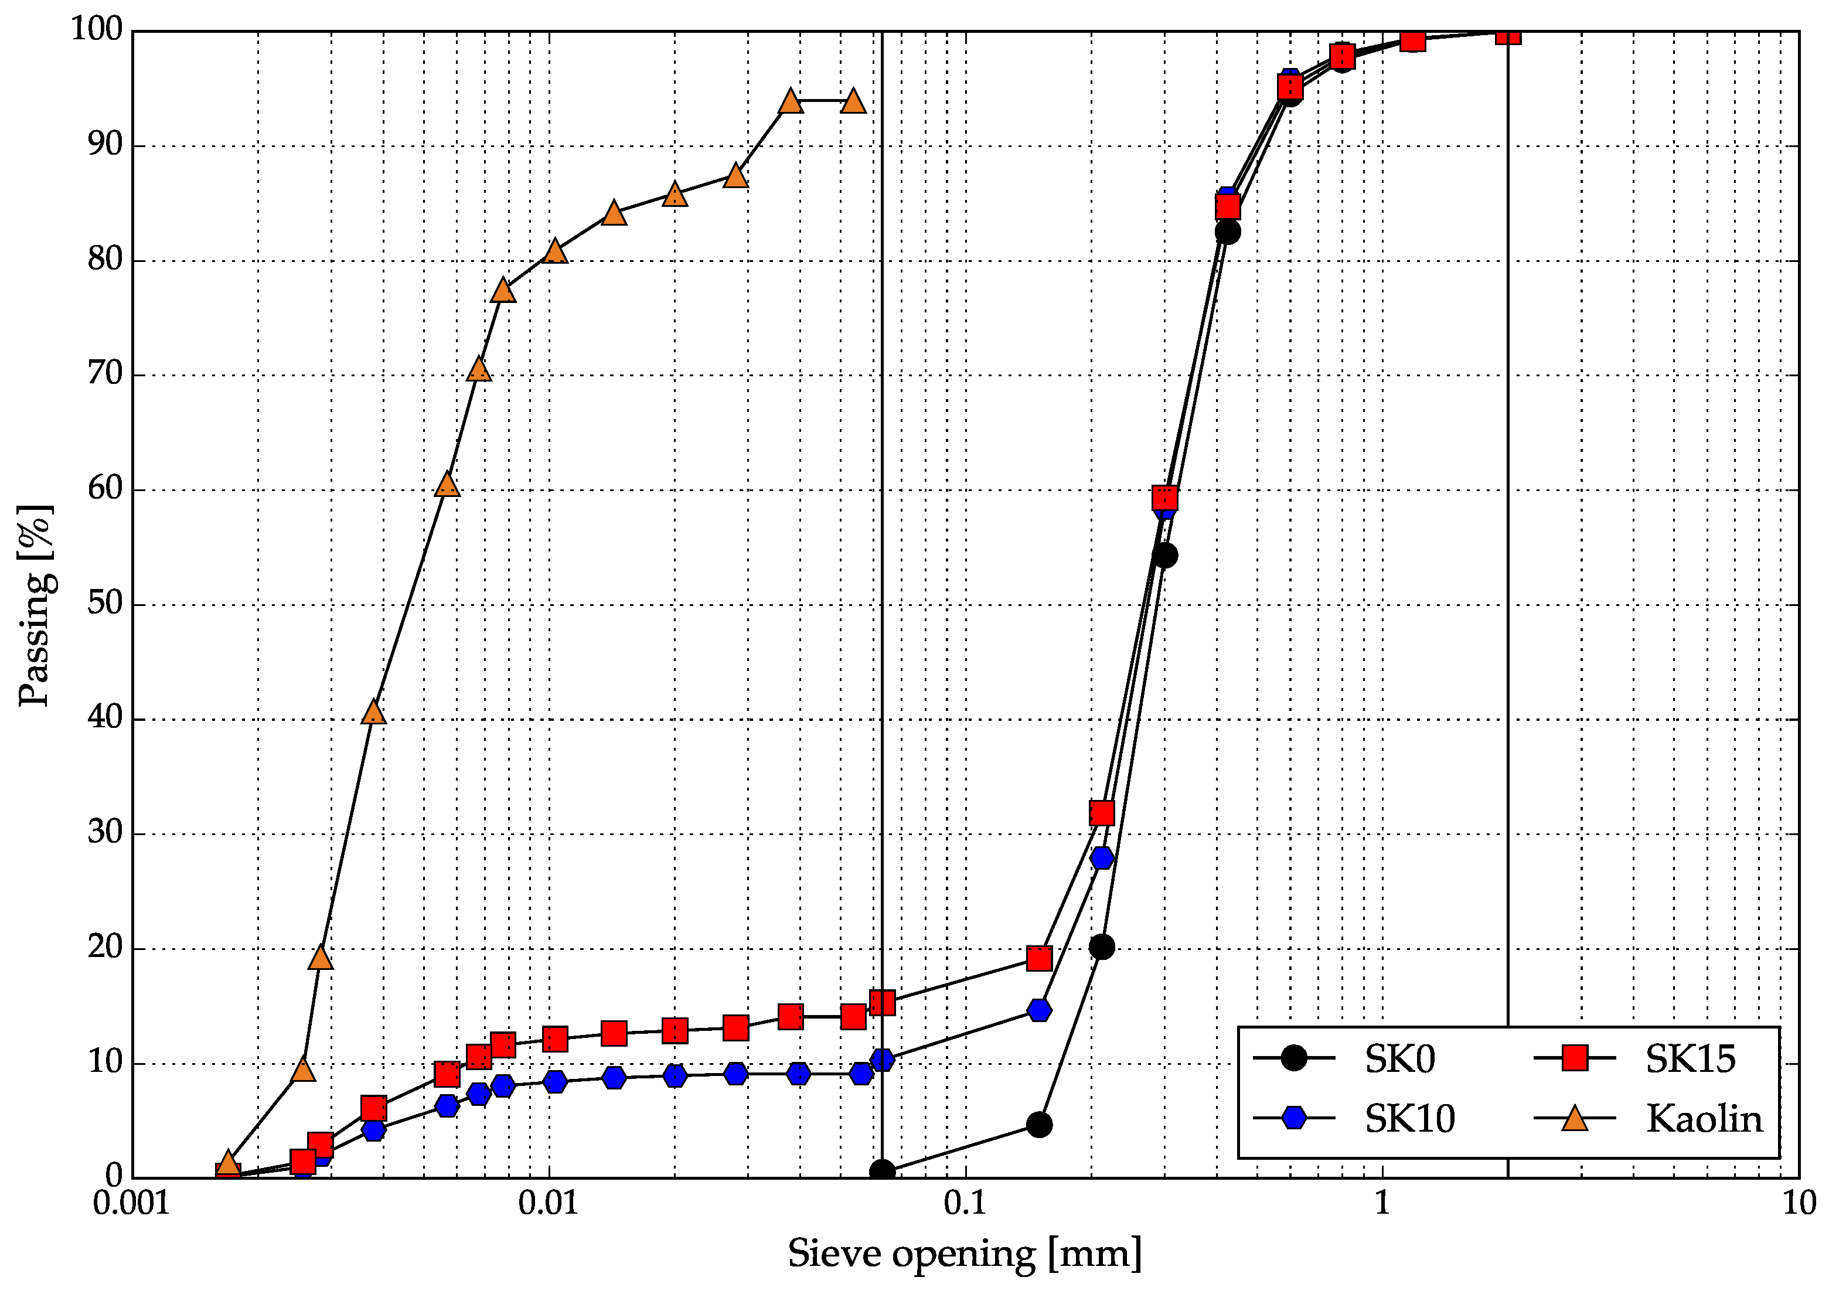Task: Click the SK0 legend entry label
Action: point(1399,1059)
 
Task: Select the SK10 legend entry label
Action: point(1409,1119)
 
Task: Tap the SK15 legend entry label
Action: point(1690,1059)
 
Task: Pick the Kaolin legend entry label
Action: point(1704,1119)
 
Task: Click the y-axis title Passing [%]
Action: point(35,605)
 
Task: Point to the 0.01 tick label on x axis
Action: point(548,1204)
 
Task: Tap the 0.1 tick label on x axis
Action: point(965,1204)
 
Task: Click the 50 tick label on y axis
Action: point(105,604)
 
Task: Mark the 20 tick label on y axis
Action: point(105,948)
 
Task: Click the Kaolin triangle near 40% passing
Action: point(374,712)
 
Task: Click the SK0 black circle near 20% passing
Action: point(1102,948)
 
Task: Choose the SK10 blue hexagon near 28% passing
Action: point(1102,858)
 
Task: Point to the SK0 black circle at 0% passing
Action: point(882,1172)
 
